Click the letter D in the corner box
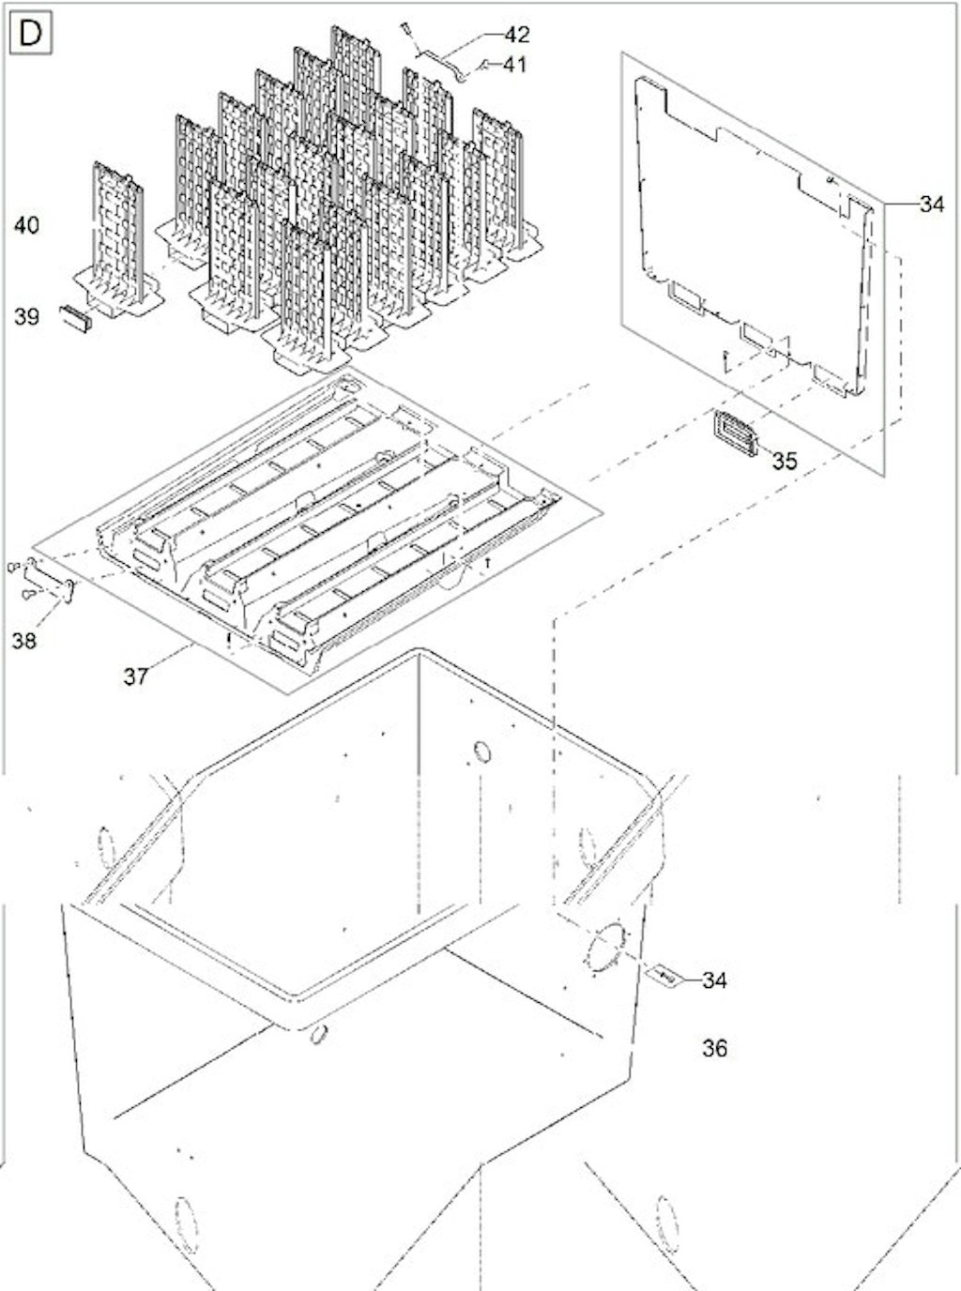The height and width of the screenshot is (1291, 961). tap(30, 34)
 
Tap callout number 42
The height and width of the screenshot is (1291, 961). tap(516, 35)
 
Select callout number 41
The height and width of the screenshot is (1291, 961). tap(513, 64)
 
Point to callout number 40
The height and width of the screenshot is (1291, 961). tap(26, 224)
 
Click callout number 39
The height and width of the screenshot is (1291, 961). tap(26, 316)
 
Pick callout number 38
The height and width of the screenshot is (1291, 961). tap(23, 641)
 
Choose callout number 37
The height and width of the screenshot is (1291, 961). tap(136, 676)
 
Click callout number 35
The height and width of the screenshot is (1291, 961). tap(785, 461)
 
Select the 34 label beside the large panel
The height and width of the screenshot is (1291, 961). tap(933, 205)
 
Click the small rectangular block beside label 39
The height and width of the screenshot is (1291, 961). tap(76, 318)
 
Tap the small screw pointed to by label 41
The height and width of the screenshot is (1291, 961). tap(483, 66)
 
